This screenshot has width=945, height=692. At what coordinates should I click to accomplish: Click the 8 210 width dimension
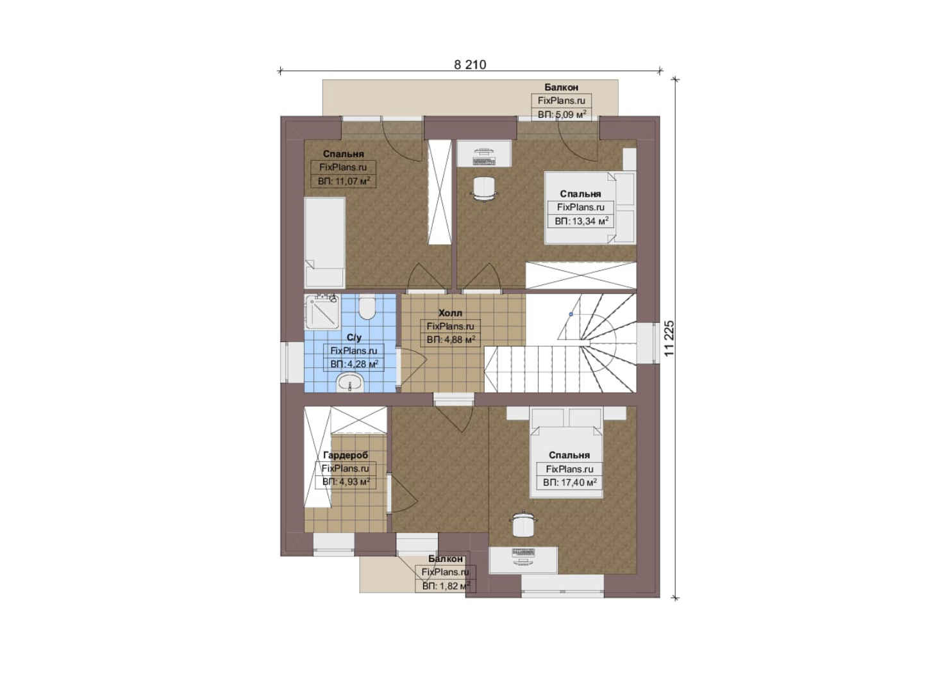tap(470, 65)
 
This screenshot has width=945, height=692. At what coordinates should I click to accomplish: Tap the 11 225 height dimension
tap(669, 338)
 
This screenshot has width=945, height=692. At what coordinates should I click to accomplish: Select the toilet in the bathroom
tap(367, 308)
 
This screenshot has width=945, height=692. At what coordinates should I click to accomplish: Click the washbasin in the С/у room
tap(350, 383)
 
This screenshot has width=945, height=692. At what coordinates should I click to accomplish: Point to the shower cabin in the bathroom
tap(322, 311)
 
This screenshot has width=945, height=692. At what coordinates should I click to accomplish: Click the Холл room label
tap(450, 313)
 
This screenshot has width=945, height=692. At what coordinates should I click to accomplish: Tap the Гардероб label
tap(346, 455)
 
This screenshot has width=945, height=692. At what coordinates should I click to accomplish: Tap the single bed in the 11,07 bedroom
tap(324, 242)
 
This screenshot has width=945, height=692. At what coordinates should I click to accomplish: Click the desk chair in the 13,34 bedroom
tap(483, 190)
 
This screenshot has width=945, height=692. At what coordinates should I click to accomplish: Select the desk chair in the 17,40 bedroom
tap(523, 523)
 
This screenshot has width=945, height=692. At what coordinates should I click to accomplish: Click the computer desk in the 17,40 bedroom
tap(523, 560)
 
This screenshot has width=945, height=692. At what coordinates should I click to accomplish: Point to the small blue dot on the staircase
tap(571, 314)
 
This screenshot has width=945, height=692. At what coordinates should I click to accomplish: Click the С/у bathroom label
tap(354, 338)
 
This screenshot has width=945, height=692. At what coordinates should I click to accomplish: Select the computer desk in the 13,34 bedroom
tap(484, 154)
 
